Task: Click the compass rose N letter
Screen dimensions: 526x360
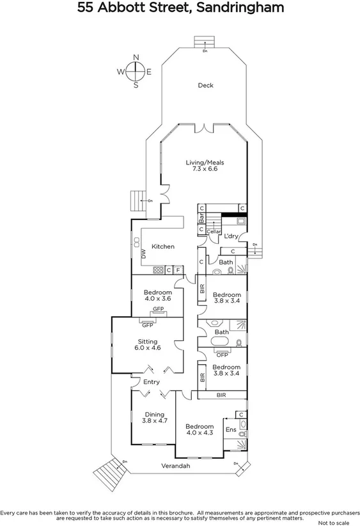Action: [136, 58]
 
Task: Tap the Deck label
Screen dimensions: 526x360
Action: [205, 85]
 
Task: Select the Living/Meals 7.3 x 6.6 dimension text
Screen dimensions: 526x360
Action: [205, 170]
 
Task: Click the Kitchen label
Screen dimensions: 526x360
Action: [163, 246]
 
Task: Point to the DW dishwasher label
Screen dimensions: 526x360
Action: [144, 254]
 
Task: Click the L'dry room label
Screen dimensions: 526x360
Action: [231, 236]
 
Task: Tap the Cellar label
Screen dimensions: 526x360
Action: [214, 231]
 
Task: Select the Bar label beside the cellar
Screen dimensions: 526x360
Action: [201, 218]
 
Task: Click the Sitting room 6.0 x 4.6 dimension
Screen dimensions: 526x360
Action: [148, 348]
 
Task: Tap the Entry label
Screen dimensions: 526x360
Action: [152, 382]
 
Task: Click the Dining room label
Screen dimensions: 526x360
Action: [154, 414]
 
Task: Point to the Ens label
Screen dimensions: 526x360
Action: [230, 430]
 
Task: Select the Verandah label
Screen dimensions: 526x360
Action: [175, 466]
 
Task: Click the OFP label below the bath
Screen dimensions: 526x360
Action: [222, 355]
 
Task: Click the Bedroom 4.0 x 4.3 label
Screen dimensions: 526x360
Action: [200, 430]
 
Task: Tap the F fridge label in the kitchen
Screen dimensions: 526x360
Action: [178, 270]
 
